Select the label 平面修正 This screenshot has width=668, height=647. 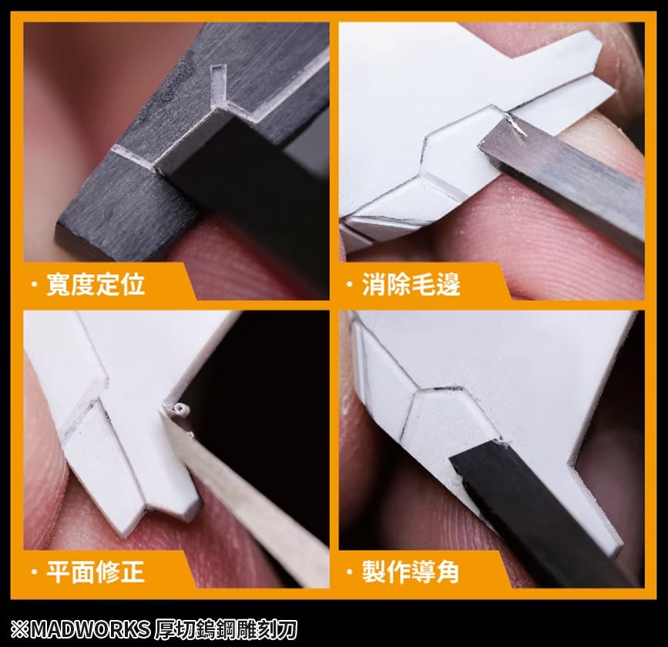(x=95, y=572)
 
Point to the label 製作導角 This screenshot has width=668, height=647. (x=411, y=572)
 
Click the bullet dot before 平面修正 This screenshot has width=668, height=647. (x=33, y=572)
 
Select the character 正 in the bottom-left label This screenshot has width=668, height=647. (x=132, y=572)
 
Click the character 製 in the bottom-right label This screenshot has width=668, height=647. (x=374, y=572)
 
